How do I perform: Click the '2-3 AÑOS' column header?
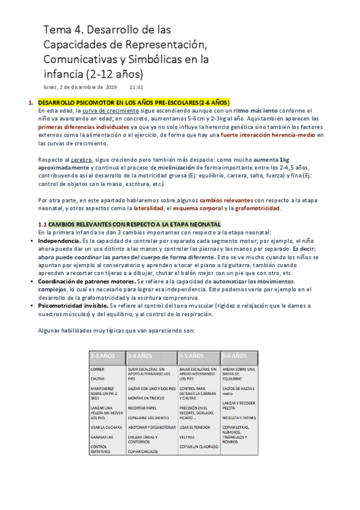(103, 355)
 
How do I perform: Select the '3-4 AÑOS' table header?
(141, 355)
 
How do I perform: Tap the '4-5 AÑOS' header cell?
(192, 355)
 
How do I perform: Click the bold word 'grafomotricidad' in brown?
(255, 208)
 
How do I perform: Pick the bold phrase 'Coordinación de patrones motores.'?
(87, 281)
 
